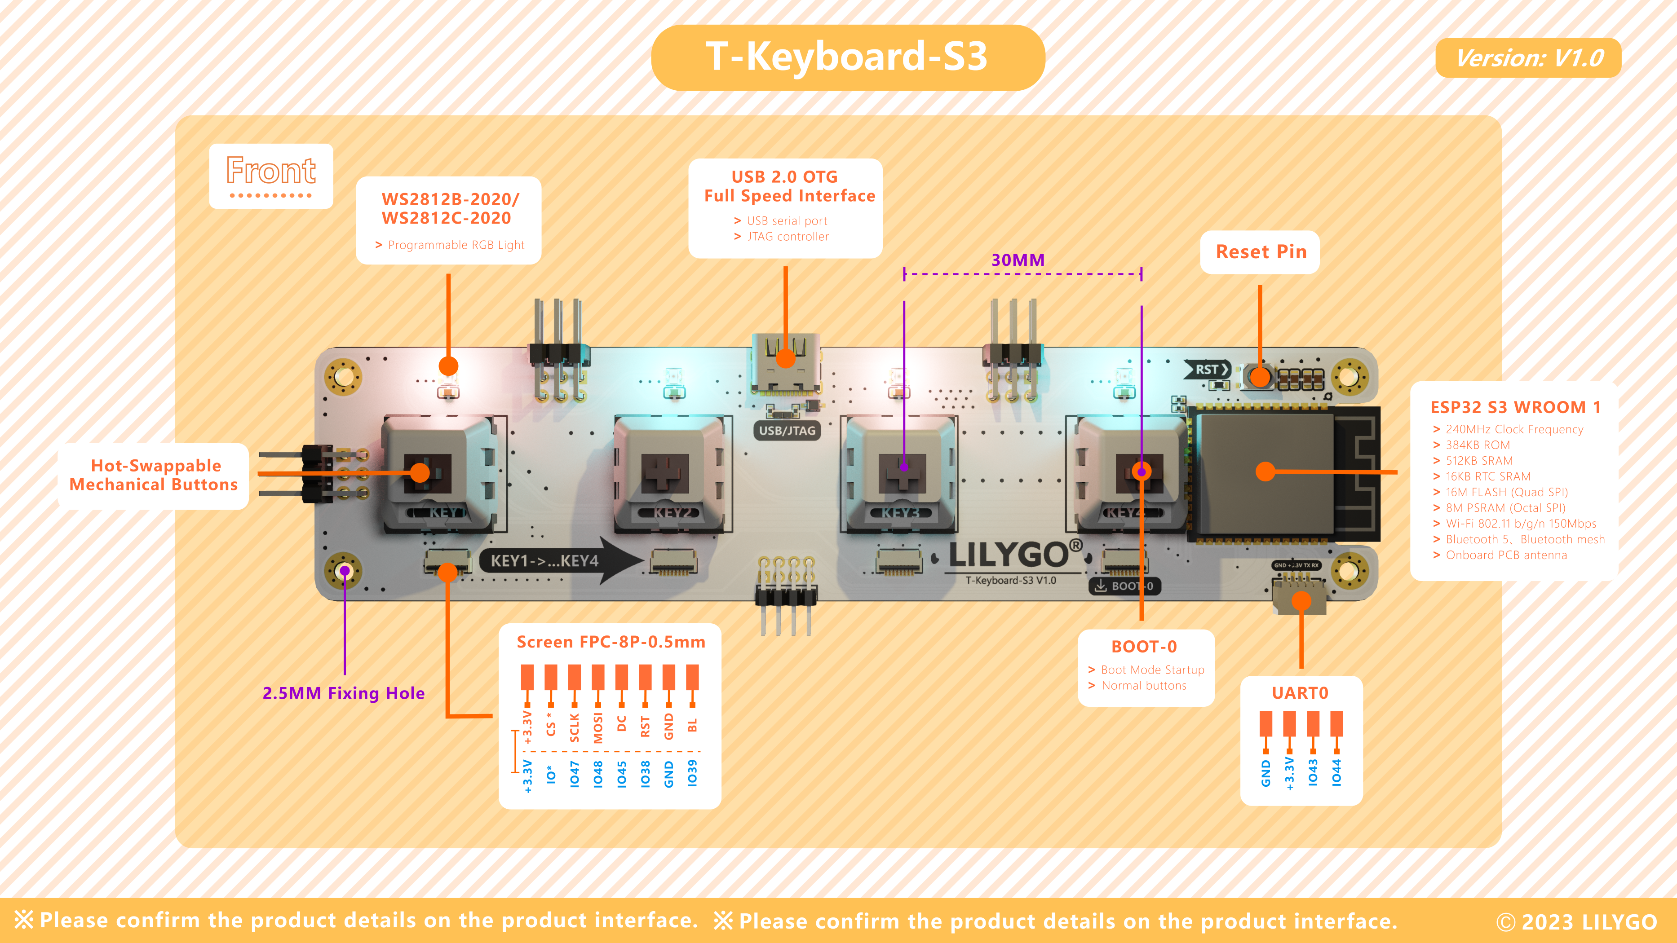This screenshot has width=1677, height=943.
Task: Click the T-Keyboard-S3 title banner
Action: coord(848,57)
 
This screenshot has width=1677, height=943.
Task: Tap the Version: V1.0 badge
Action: coord(1528,58)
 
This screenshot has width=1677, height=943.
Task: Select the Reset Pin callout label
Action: coord(1261,252)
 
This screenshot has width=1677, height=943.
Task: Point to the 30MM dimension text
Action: coord(1018,260)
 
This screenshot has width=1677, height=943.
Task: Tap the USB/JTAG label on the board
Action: coord(787,431)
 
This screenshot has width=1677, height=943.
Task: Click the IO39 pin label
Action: coord(692,773)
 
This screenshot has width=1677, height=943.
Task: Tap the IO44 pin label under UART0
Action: coord(1336,772)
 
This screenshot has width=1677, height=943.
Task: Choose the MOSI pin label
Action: coord(597,727)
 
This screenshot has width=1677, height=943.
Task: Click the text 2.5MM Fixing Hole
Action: coord(343,693)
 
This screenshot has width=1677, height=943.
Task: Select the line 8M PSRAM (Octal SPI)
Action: coord(1504,507)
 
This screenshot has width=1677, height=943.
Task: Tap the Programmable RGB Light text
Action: coord(456,245)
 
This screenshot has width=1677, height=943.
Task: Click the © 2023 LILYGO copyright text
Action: coord(1576,921)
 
